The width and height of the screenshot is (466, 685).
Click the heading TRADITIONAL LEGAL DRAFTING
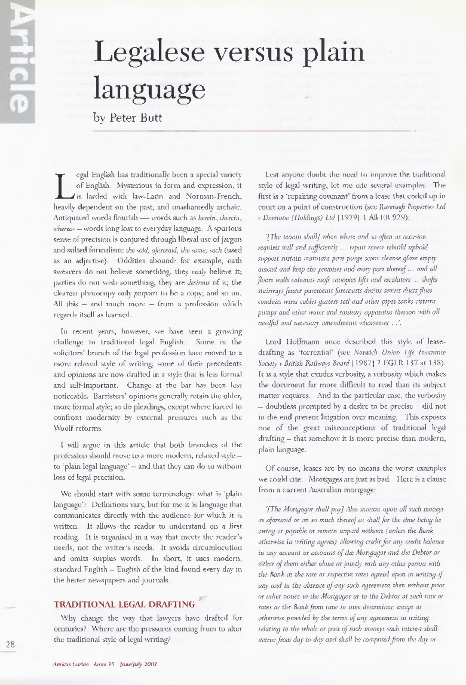(x=124, y=604)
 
